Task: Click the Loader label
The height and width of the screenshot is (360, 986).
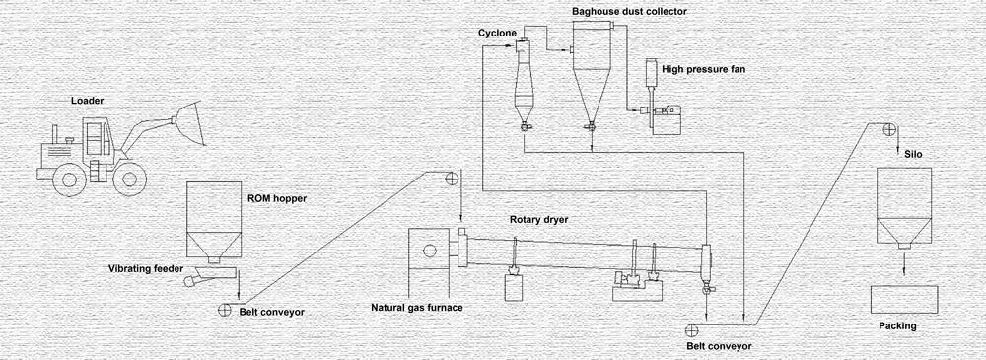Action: (88, 101)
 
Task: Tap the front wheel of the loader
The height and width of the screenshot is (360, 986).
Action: (129, 179)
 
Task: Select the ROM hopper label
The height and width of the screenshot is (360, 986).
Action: (276, 198)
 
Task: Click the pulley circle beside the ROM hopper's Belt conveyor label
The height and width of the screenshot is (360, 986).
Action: (226, 310)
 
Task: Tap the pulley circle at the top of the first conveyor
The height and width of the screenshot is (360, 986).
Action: (452, 179)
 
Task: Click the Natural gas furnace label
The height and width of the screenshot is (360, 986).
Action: (416, 307)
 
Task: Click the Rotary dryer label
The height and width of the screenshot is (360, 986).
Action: (539, 220)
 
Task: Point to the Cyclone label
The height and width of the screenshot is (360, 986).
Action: (497, 32)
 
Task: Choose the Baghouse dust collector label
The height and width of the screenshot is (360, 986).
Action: (630, 11)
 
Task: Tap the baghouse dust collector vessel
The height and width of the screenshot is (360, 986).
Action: (591, 79)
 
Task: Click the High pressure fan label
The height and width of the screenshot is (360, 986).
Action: (702, 69)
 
